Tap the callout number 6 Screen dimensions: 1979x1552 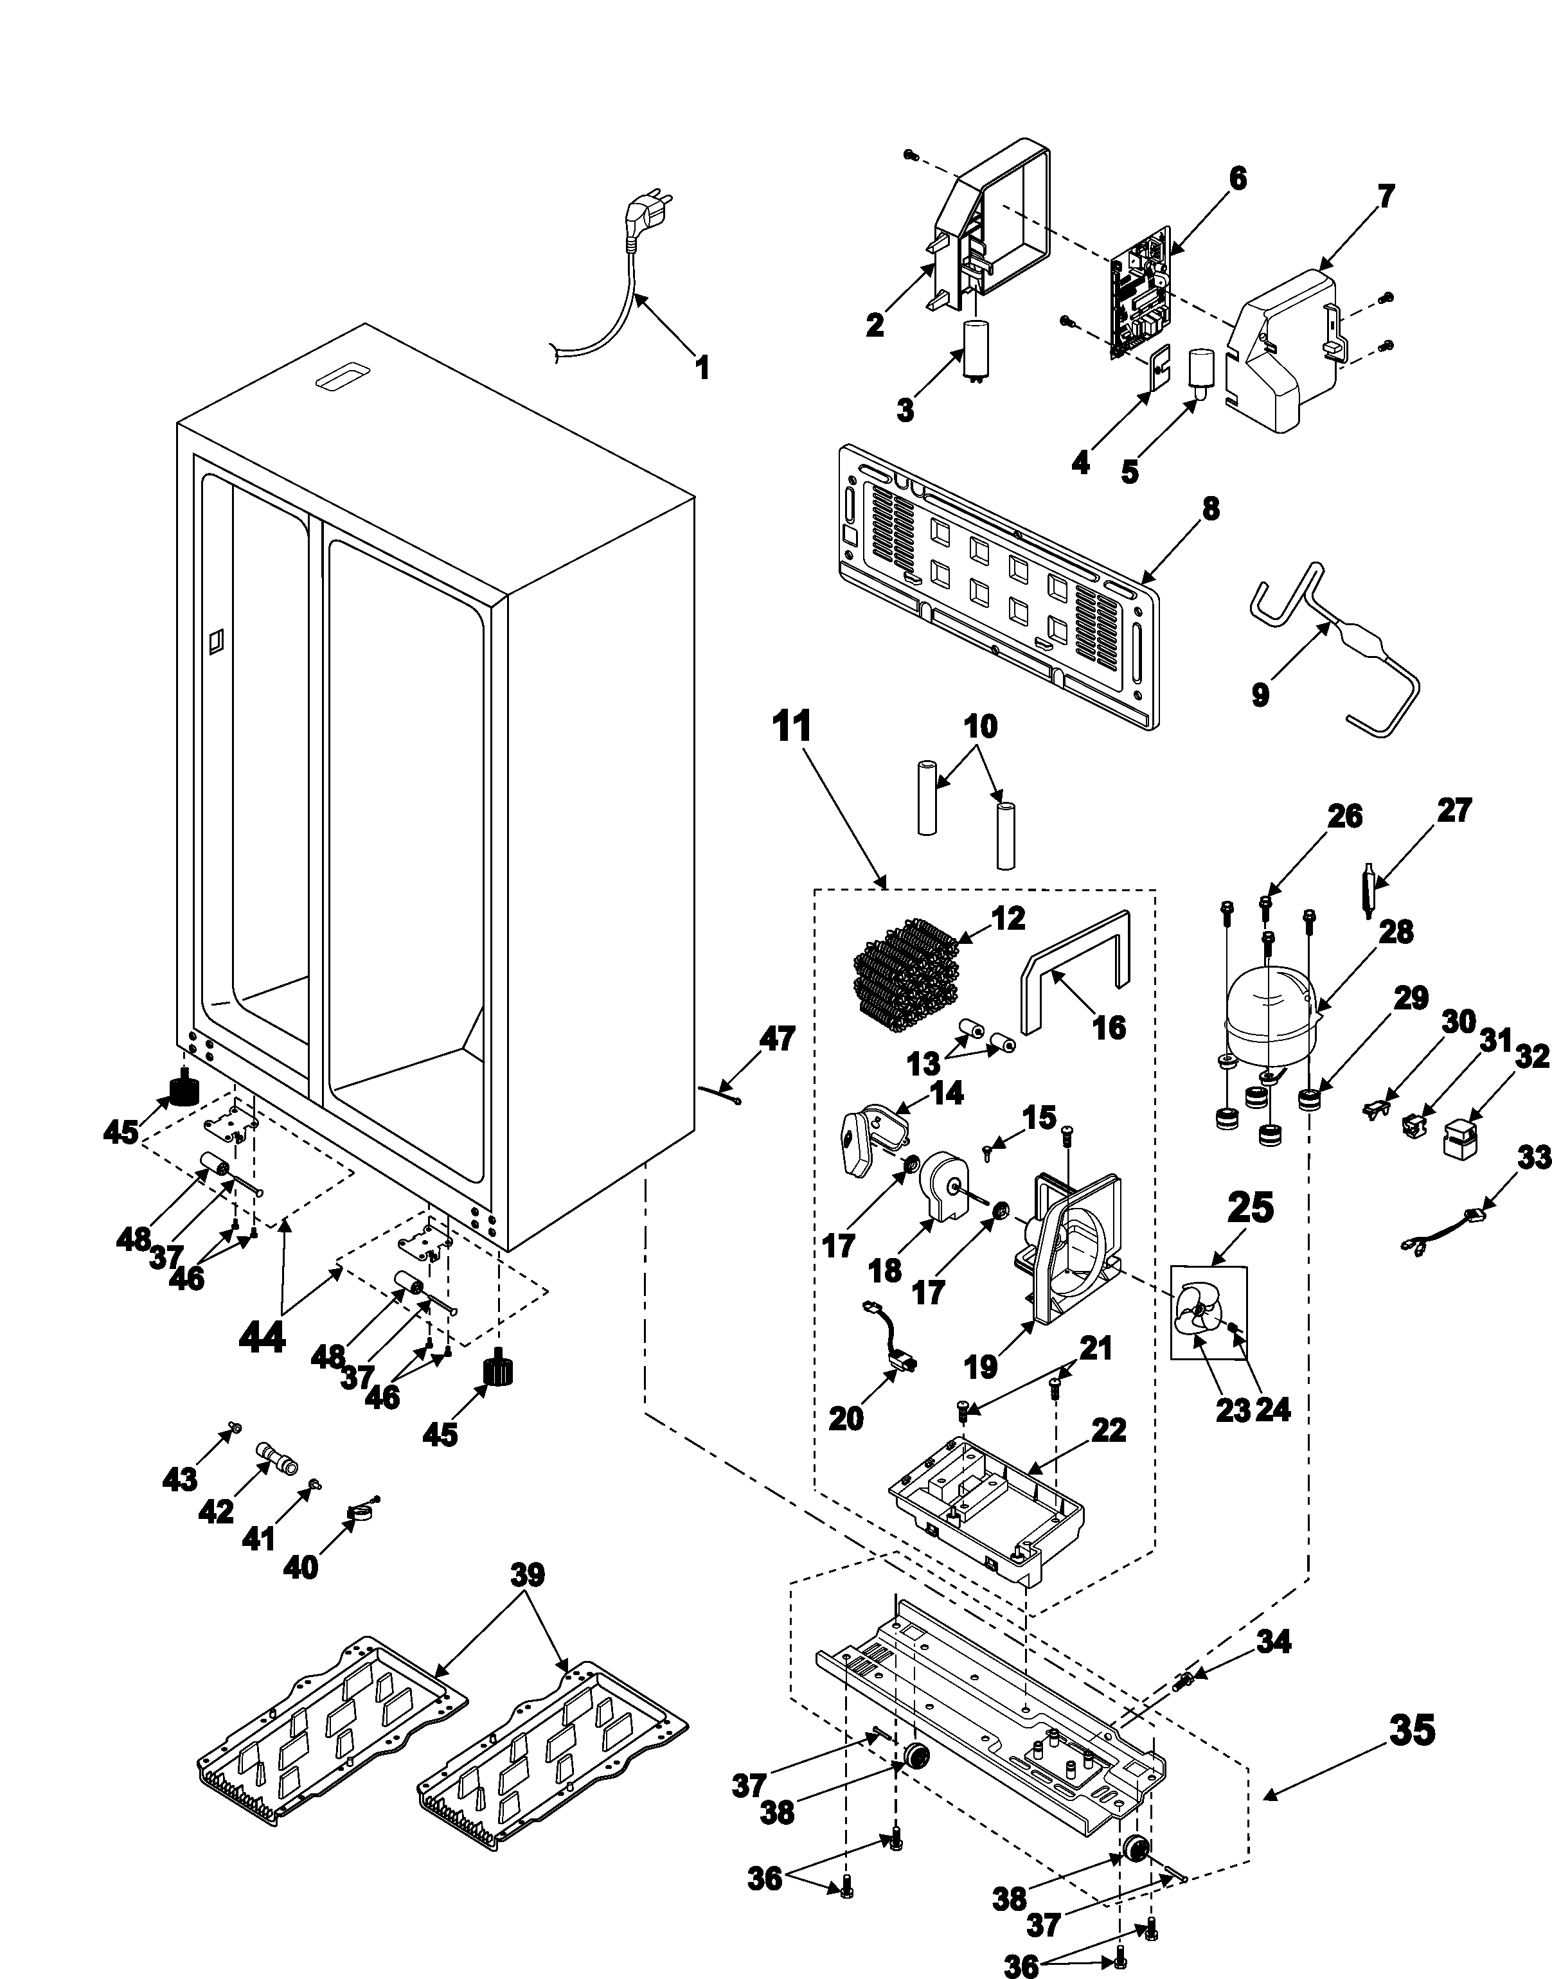click(1238, 179)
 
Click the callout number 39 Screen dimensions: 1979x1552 click(528, 1575)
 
